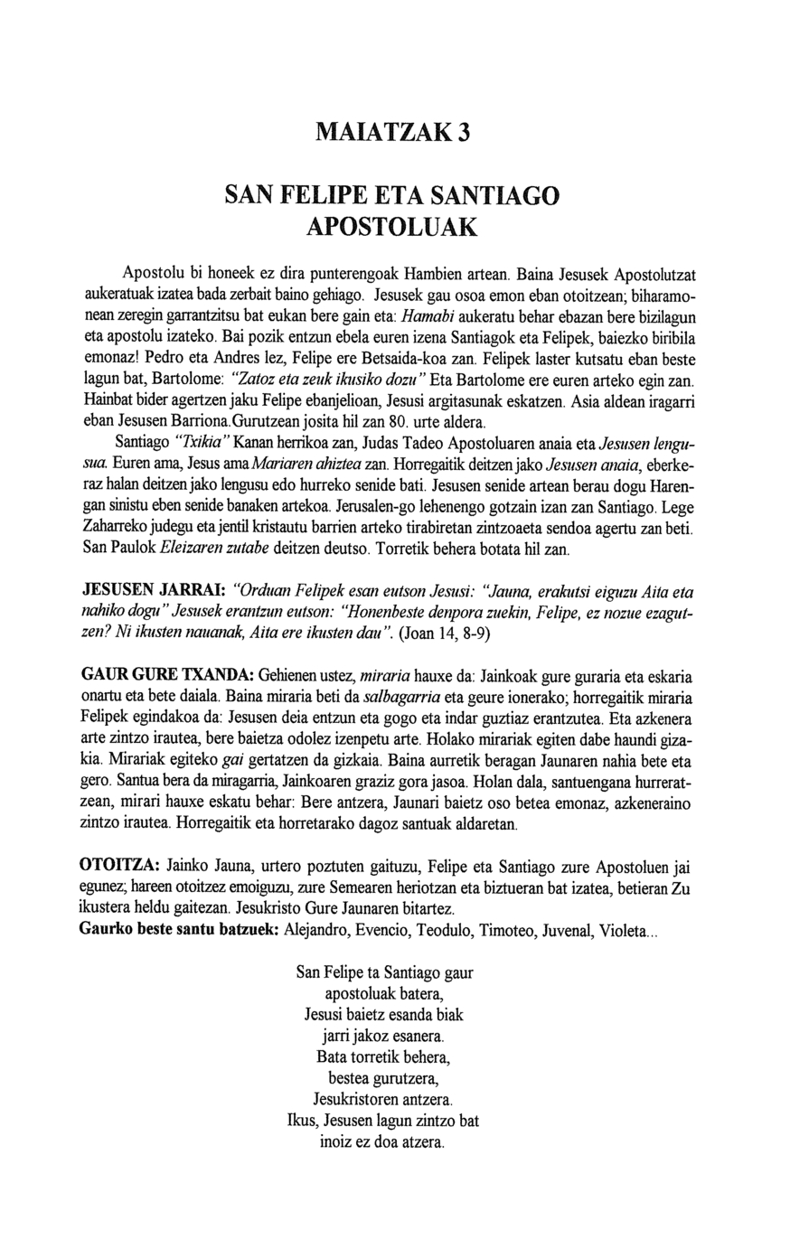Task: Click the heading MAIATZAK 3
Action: tap(393, 132)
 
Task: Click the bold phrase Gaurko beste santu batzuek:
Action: tap(179, 930)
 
